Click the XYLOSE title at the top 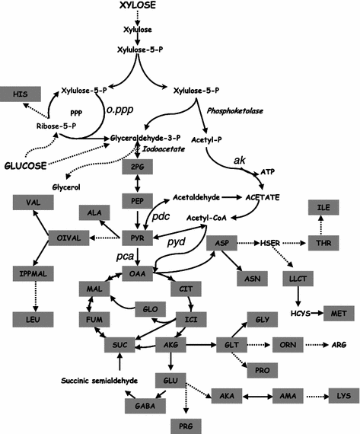pyautogui.click(x=137, y=7)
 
